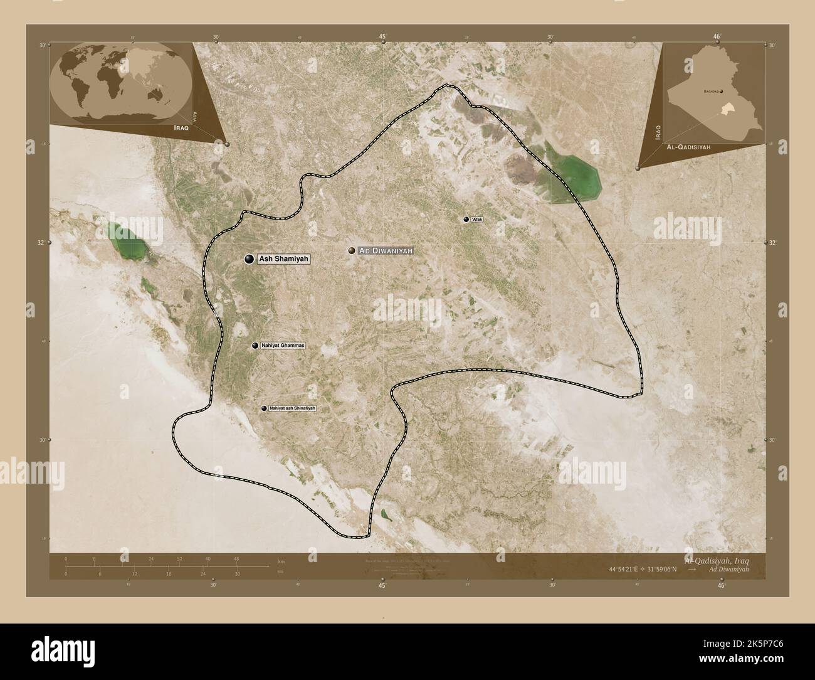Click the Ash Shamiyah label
[x=284, y=258]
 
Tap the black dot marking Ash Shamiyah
[x=249, y=258]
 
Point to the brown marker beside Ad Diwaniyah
[x=352, y=250]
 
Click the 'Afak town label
[x=478, y=219]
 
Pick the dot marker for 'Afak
[x=466, y=219]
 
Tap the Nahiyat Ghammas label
[x=281, y=346]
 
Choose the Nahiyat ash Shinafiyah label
[x=292, y=408]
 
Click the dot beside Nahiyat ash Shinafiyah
[x=264, y=408]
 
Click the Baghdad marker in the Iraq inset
[x=722, y=92]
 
